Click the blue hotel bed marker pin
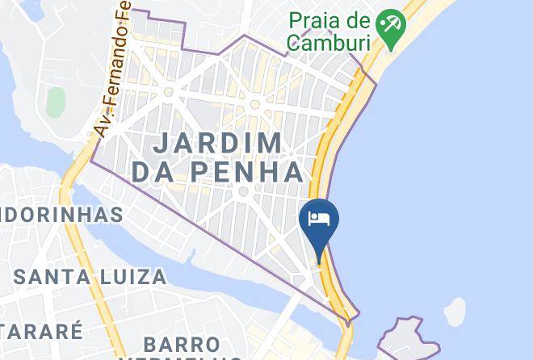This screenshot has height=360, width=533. click(319, 221)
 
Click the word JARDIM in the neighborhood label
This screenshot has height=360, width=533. click(218, 143)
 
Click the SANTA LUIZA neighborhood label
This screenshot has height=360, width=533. click(91, 277)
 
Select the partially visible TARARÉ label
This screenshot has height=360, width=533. click(40, 331)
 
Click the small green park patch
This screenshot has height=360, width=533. click(55, 102)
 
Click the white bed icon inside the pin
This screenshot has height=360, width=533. click(319, 218)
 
